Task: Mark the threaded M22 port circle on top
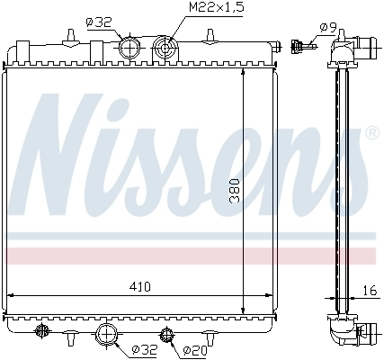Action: click(x=165, y=47)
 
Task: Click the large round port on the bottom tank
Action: click(x=107, y=336)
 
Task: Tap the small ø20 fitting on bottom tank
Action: click(x=165, y=337)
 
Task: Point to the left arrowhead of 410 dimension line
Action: click(x=12, y=294)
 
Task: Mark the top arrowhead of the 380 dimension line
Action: click(x=244, y=70)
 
